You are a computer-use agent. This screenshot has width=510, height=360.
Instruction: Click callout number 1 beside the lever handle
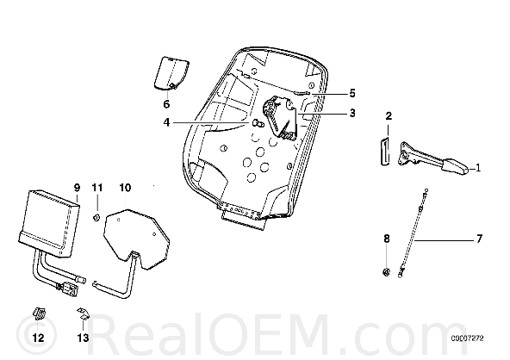tap(478, 168)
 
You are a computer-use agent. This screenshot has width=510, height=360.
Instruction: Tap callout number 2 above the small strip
tap(389, 116)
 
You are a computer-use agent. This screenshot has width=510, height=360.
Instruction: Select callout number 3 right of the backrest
tap(352, 113)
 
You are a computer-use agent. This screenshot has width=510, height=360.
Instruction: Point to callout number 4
tap(166, 122)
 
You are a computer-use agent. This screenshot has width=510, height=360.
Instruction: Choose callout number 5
tap(352, 94)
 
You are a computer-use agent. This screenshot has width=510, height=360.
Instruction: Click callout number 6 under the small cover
tap(166, 104)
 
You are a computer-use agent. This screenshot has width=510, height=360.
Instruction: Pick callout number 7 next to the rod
tap(479, 239)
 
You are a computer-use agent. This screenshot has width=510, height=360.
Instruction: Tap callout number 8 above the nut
tap(387, 239)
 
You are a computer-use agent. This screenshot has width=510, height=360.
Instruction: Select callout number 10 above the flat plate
tap(125, 188)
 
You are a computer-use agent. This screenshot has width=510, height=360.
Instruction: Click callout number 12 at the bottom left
tap(39, 338)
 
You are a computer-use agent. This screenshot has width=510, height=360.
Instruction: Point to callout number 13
tap(83, 338)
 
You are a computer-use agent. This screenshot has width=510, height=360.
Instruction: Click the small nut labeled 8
tap(386, 272)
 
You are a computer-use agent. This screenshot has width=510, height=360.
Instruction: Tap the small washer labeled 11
tap(96, 218)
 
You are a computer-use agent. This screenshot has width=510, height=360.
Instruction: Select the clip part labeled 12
tap(39, 313)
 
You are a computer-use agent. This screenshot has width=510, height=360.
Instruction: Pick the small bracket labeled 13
tap(83, 313)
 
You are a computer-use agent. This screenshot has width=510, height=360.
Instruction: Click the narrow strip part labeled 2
tap(385, 152)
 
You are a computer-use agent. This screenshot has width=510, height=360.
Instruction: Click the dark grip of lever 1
tap(455, 166)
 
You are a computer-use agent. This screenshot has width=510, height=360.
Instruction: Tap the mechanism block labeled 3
tap(280, 118)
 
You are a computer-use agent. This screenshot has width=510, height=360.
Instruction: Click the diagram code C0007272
tap(467, 338)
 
